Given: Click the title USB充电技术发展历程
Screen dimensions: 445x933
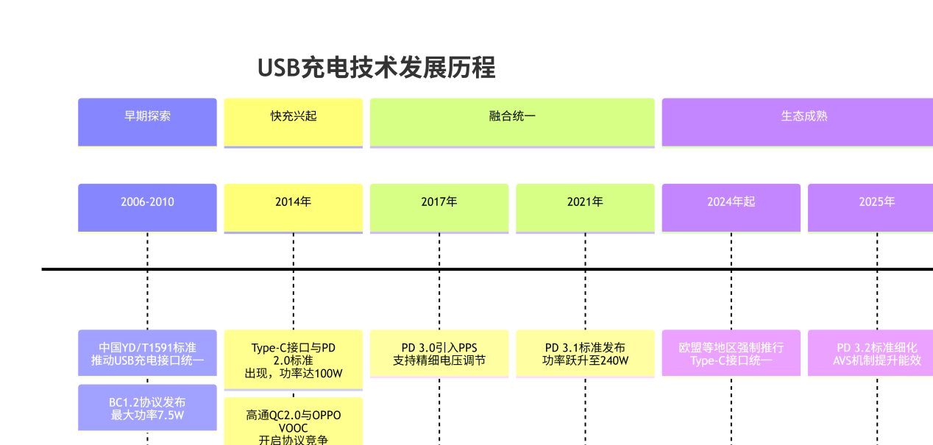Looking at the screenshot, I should [376, 68].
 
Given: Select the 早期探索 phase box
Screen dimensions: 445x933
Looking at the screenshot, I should [147, 122].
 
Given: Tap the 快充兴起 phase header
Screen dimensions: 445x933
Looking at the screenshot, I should [293, 122].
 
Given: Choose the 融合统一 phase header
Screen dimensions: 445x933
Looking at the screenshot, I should [512, 122].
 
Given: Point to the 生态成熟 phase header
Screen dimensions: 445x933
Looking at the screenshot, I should [798, 122].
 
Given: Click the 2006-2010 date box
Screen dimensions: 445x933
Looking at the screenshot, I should [147, 207].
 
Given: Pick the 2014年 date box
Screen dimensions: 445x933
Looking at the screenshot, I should [293, 207].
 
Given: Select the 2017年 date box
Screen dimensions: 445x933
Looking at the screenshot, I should [439, 207].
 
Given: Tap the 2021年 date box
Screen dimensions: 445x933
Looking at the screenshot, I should [585, 207].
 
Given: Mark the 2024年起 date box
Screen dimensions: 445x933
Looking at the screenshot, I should [731, 207].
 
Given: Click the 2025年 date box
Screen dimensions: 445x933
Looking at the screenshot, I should [871, 207].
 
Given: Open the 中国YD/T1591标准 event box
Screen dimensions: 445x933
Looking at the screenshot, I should [147, 353].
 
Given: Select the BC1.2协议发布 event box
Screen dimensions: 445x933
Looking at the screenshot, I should [147, 407].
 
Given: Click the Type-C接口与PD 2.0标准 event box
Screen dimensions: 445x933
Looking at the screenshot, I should [293, 360].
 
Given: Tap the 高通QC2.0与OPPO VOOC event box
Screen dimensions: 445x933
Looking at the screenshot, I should [293, 422].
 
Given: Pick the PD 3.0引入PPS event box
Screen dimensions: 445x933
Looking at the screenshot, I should [439, 353].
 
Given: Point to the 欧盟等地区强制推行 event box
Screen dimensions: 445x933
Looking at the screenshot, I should [731, 353].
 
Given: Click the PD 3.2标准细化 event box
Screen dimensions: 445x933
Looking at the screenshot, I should [871, 353].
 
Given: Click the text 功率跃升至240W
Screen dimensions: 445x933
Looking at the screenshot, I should [585, 360].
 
